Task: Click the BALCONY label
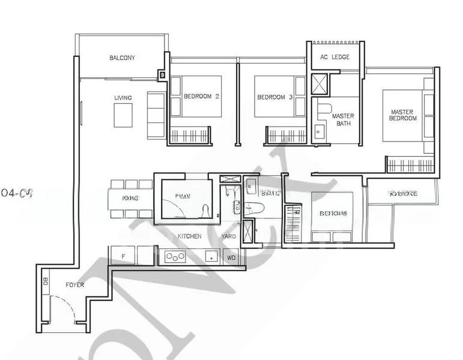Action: [122, 58]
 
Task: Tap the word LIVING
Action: [123, 98]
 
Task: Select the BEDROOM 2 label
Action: [201, 97]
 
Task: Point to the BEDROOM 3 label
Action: [274, 97]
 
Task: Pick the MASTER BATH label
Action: [343, 120]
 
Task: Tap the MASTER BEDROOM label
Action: [403, 115]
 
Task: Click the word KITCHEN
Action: [189, 236]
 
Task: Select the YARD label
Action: [228, 236]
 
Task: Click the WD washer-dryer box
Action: [231, 257]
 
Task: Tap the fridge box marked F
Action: [123, 256]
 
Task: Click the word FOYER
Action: [74, 285]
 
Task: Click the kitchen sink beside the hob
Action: [211, 257]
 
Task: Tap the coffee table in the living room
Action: [123, 115]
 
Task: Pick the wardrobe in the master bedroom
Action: [410, 164]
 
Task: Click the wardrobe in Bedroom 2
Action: [190, 135]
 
